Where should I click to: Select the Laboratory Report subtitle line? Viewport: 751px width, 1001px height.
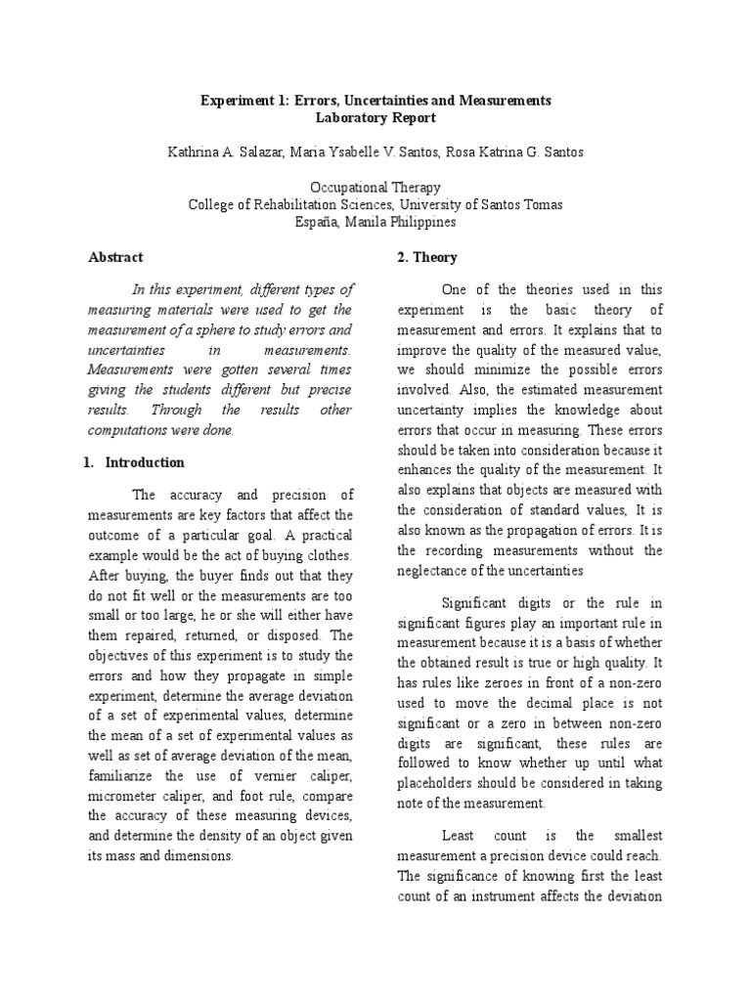pos(375,118)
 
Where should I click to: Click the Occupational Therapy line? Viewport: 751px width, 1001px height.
pos(375,188)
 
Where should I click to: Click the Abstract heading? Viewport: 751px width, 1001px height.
pos(115,257)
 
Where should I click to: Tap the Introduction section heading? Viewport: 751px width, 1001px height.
pos(144,462)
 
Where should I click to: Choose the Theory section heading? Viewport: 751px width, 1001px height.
pos(425,257)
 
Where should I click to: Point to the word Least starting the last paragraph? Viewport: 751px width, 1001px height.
pos(457,836)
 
